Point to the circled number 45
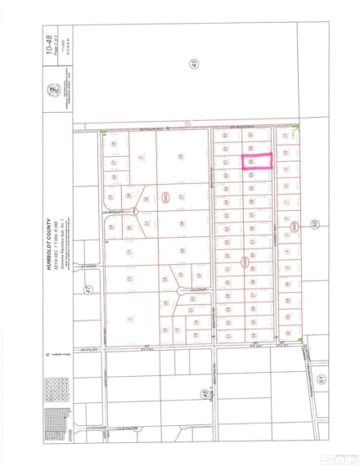point(195,65)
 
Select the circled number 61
point(322,378)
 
